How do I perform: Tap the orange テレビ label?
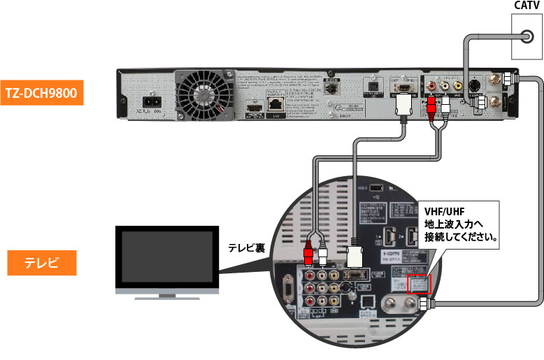41,264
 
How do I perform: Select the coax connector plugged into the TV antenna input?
424,305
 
